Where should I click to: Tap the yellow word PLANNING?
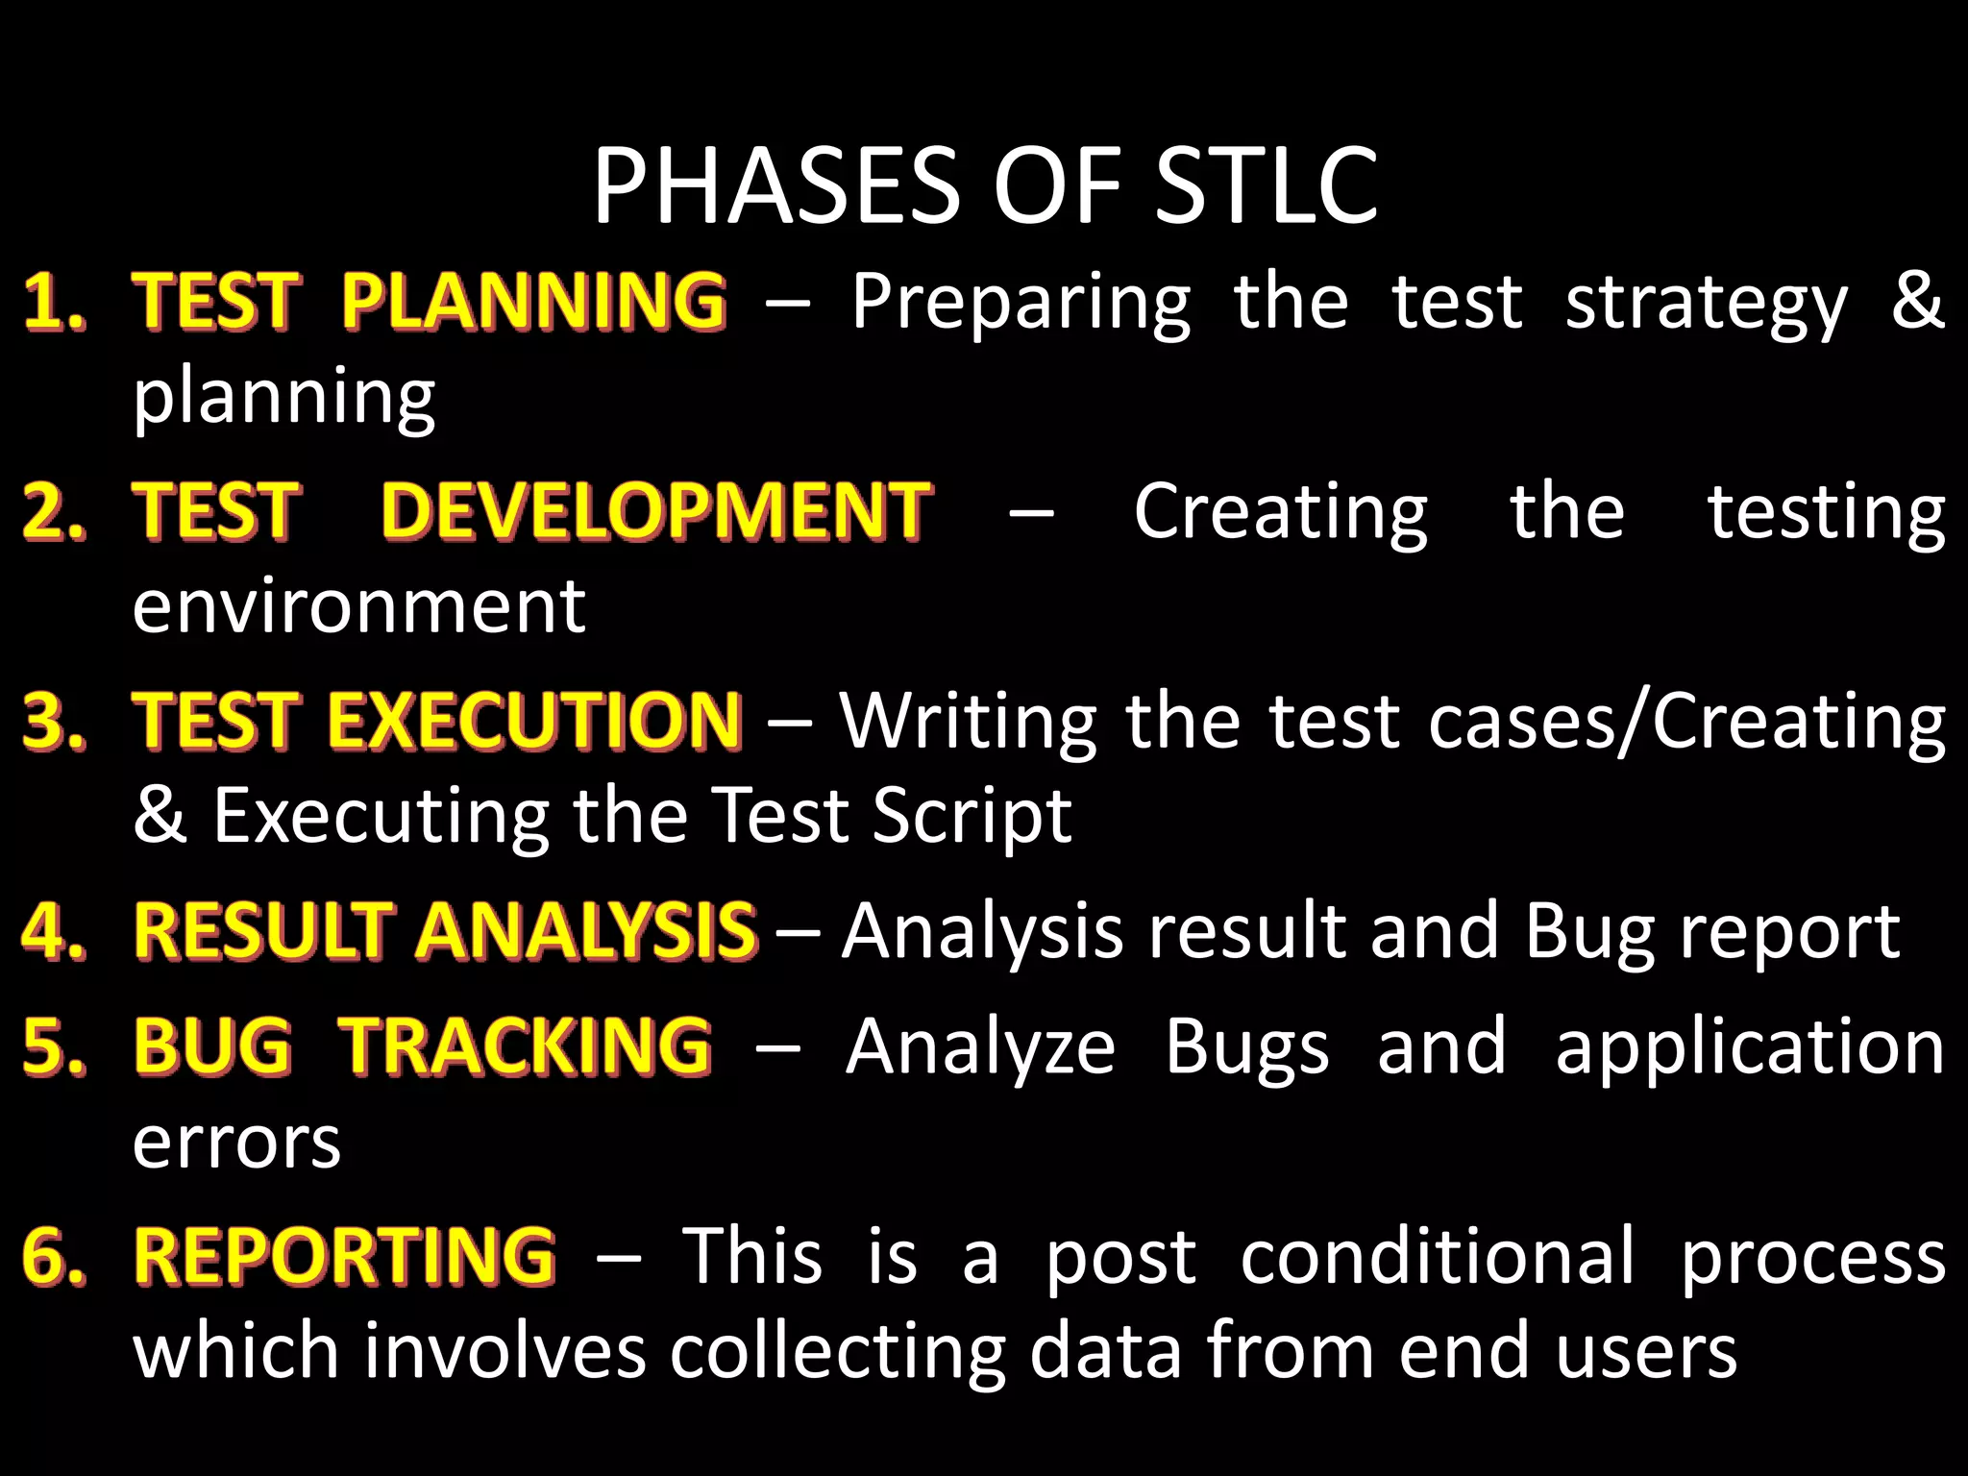pos(533,301)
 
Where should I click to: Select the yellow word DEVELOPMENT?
pos(656,510)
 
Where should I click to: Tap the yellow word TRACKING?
pos(526,1045)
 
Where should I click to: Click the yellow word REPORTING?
pos(345,1255)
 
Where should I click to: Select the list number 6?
pos(53,1257)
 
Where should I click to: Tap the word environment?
pos(358,607)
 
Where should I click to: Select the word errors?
pos(236,1144)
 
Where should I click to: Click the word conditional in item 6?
pos(1437,1257)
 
